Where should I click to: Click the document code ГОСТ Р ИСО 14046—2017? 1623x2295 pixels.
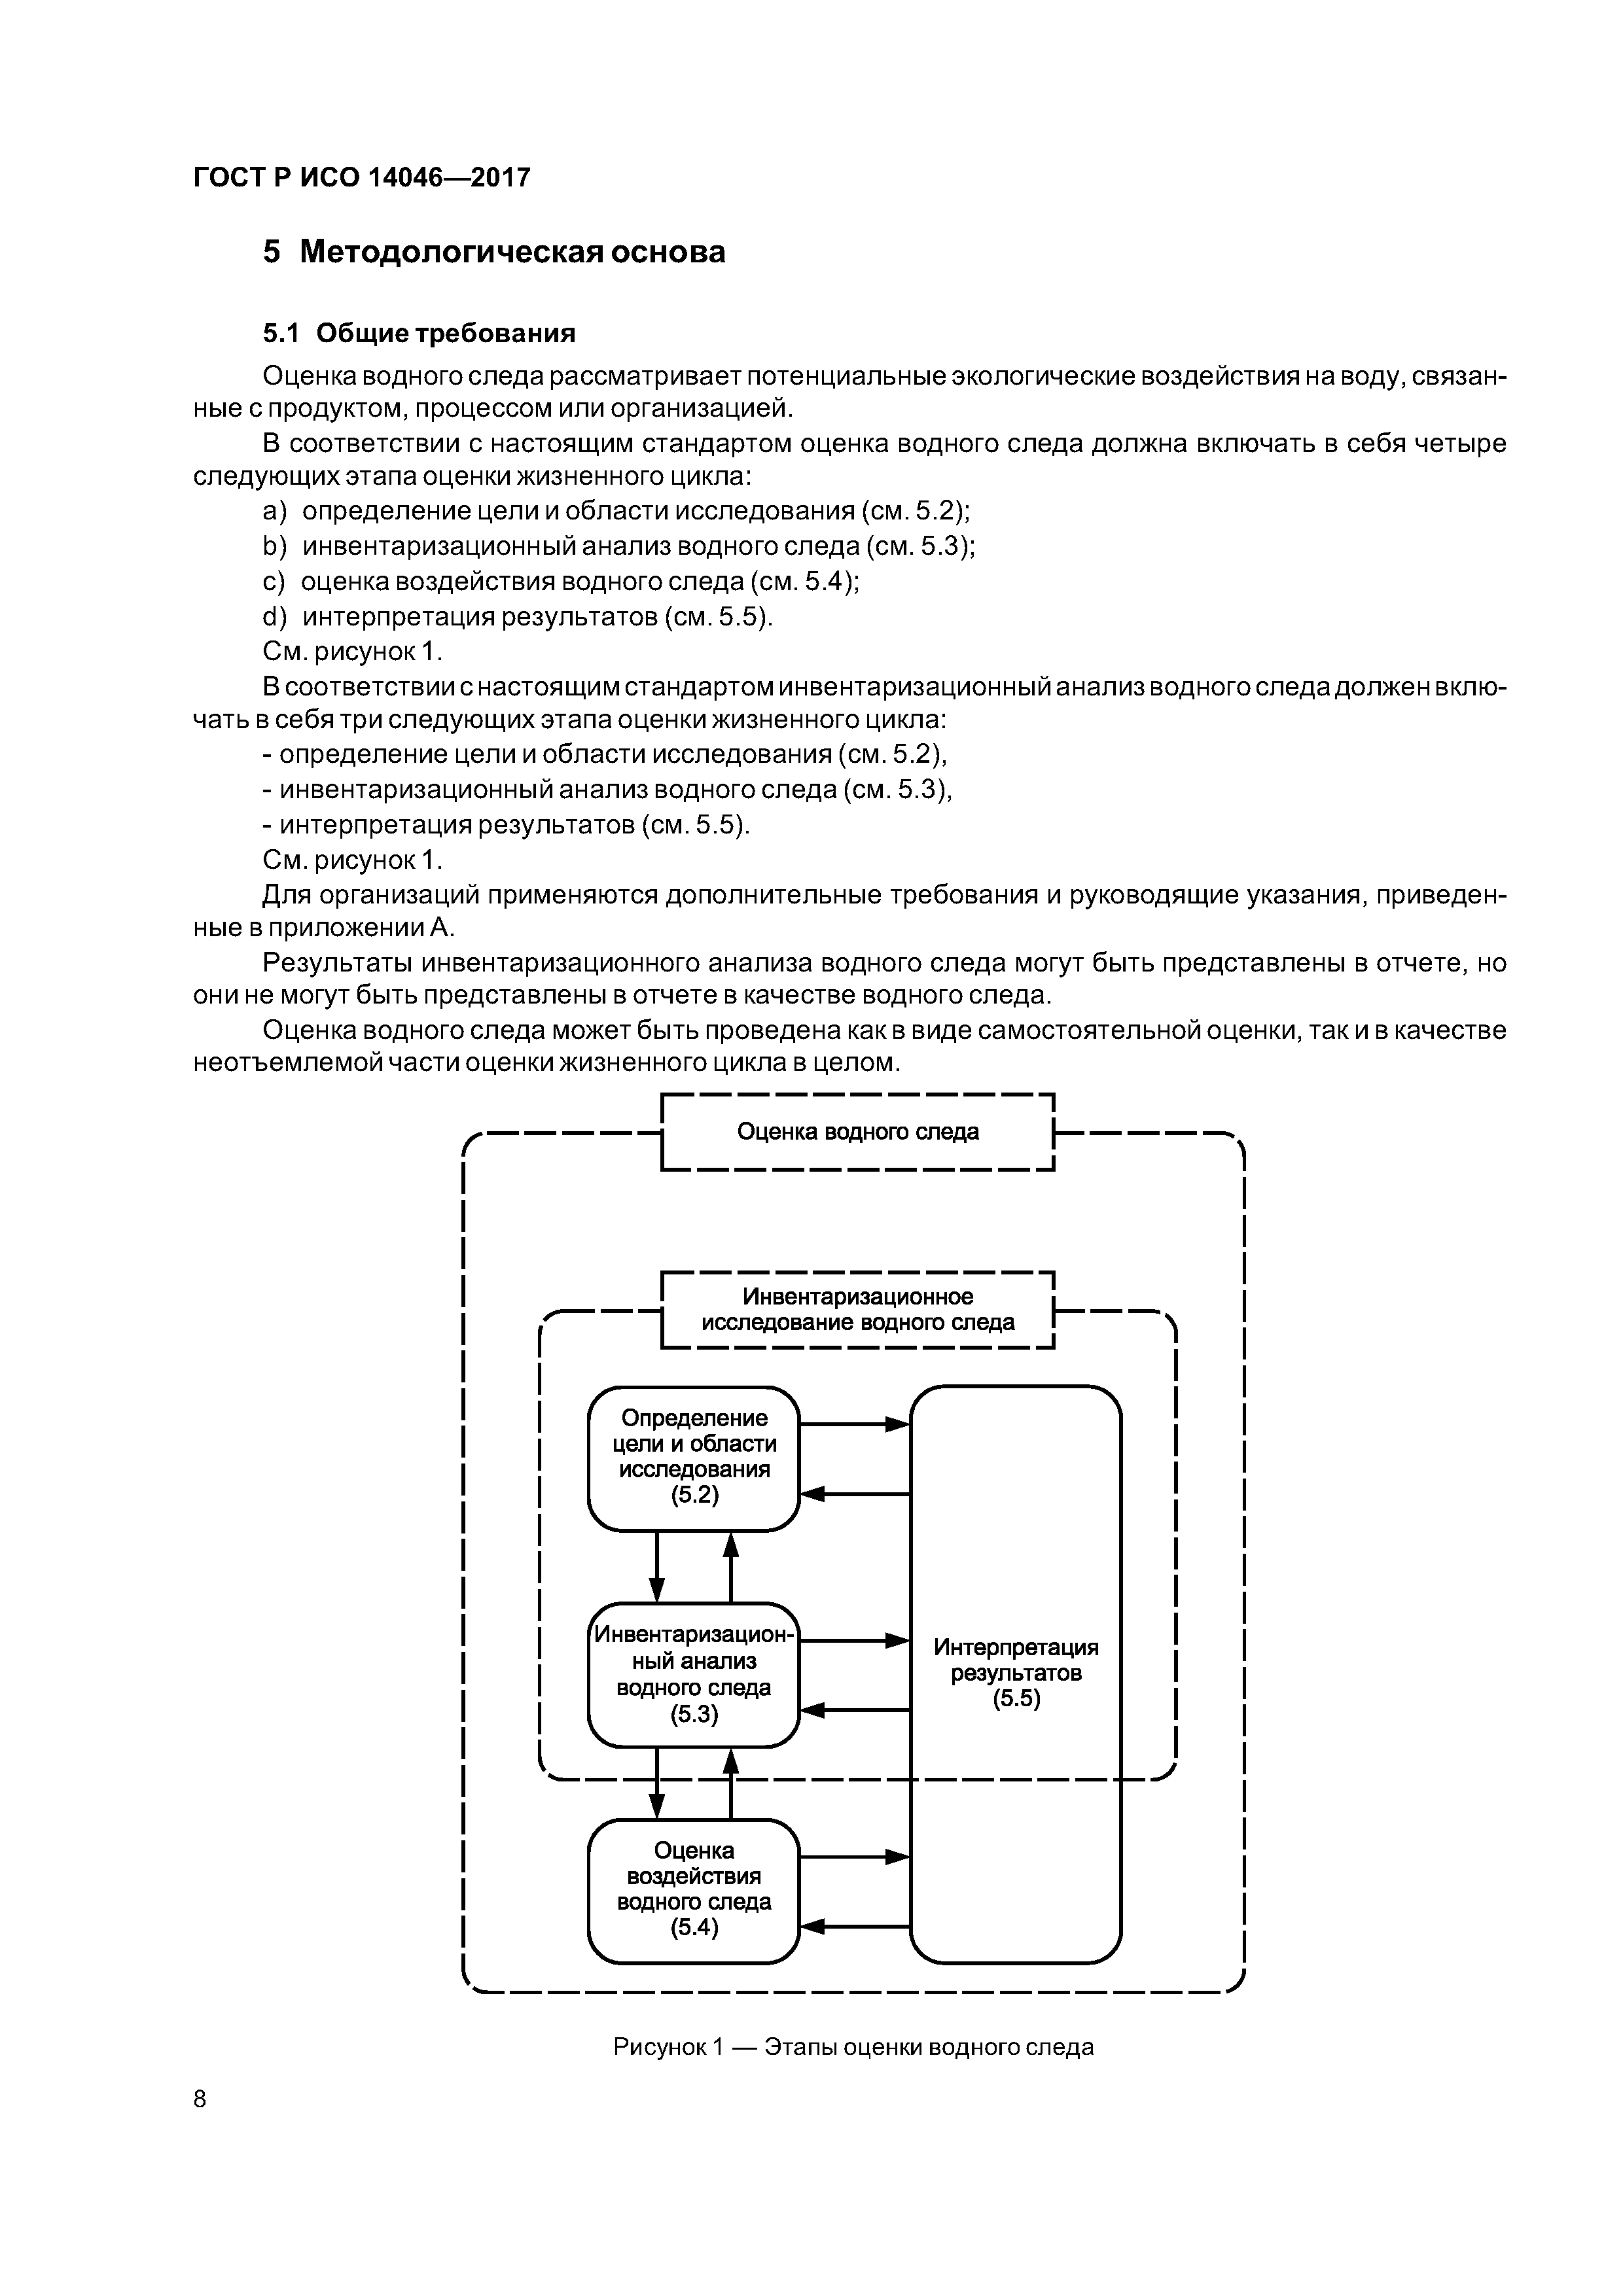point(361,178)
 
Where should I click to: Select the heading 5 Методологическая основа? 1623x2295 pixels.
point(494,252)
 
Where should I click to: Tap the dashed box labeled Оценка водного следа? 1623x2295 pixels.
point(857,1132)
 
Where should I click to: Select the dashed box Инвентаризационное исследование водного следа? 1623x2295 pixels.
point(857,1310)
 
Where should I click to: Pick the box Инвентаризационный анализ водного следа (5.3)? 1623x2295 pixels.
point(694,1674)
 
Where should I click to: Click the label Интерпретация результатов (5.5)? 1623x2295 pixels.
point(1015,1673)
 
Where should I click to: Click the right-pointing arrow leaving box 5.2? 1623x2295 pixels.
point(855,1424)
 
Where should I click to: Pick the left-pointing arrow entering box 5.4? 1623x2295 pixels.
point(855,1925)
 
